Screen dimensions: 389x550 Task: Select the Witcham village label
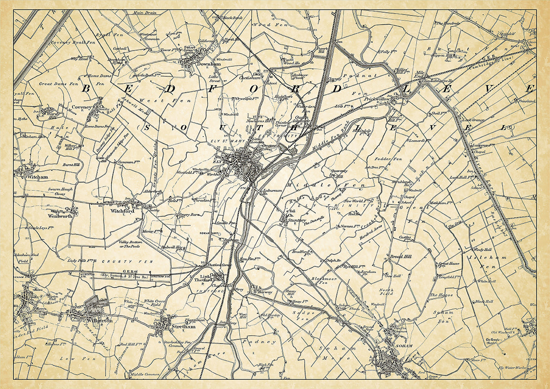click(37, 177)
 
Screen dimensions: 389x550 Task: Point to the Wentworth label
click(60, 216)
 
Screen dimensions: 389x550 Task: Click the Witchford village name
click(122, 212)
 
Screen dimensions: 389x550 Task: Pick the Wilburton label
click(99, 320)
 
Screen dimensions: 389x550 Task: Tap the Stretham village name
click(184, 327)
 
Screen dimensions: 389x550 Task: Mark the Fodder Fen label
click(390, 159)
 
